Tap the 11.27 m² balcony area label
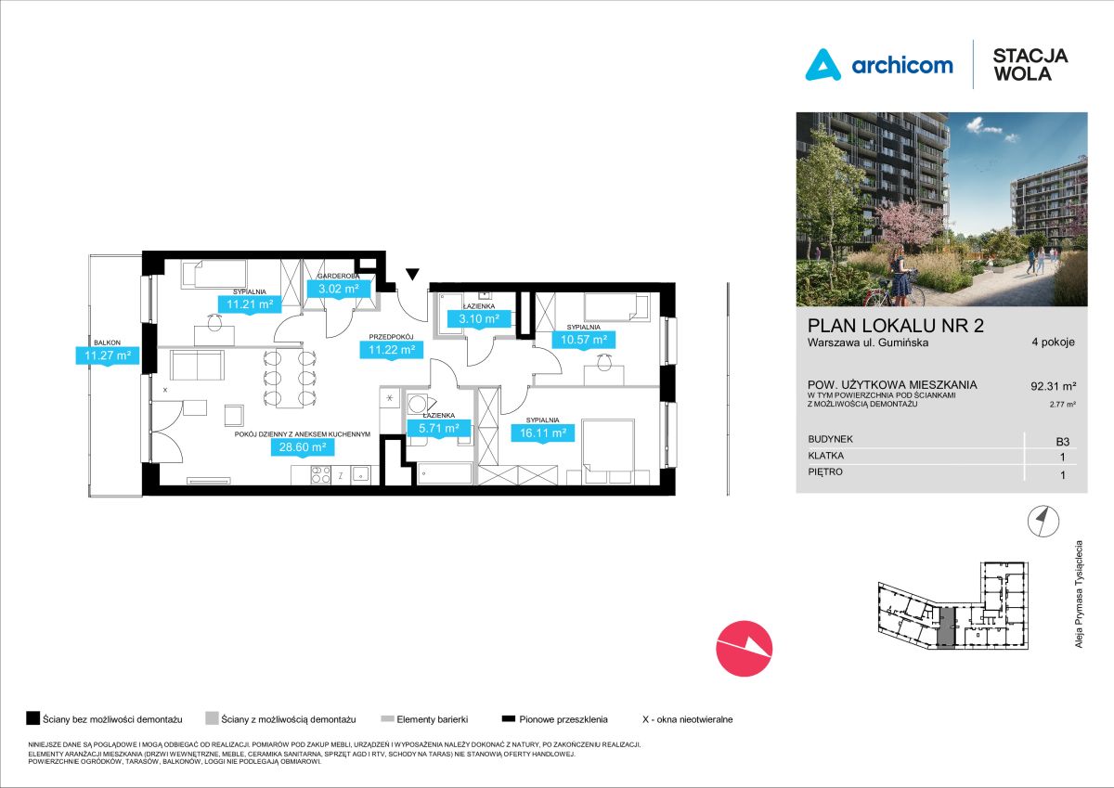click(106, 354)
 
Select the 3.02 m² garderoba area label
click(339, 289)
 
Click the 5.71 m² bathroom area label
click(440, 429)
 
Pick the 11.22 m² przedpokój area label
click(391, 350)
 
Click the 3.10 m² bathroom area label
click(479, 319)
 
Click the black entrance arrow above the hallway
click(412, 274)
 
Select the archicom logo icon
click(823, 65)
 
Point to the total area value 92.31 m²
click(1053, 385)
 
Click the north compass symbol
click(1043, 520)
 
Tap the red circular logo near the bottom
click(745, 646)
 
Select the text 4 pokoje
click(1053, 342)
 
